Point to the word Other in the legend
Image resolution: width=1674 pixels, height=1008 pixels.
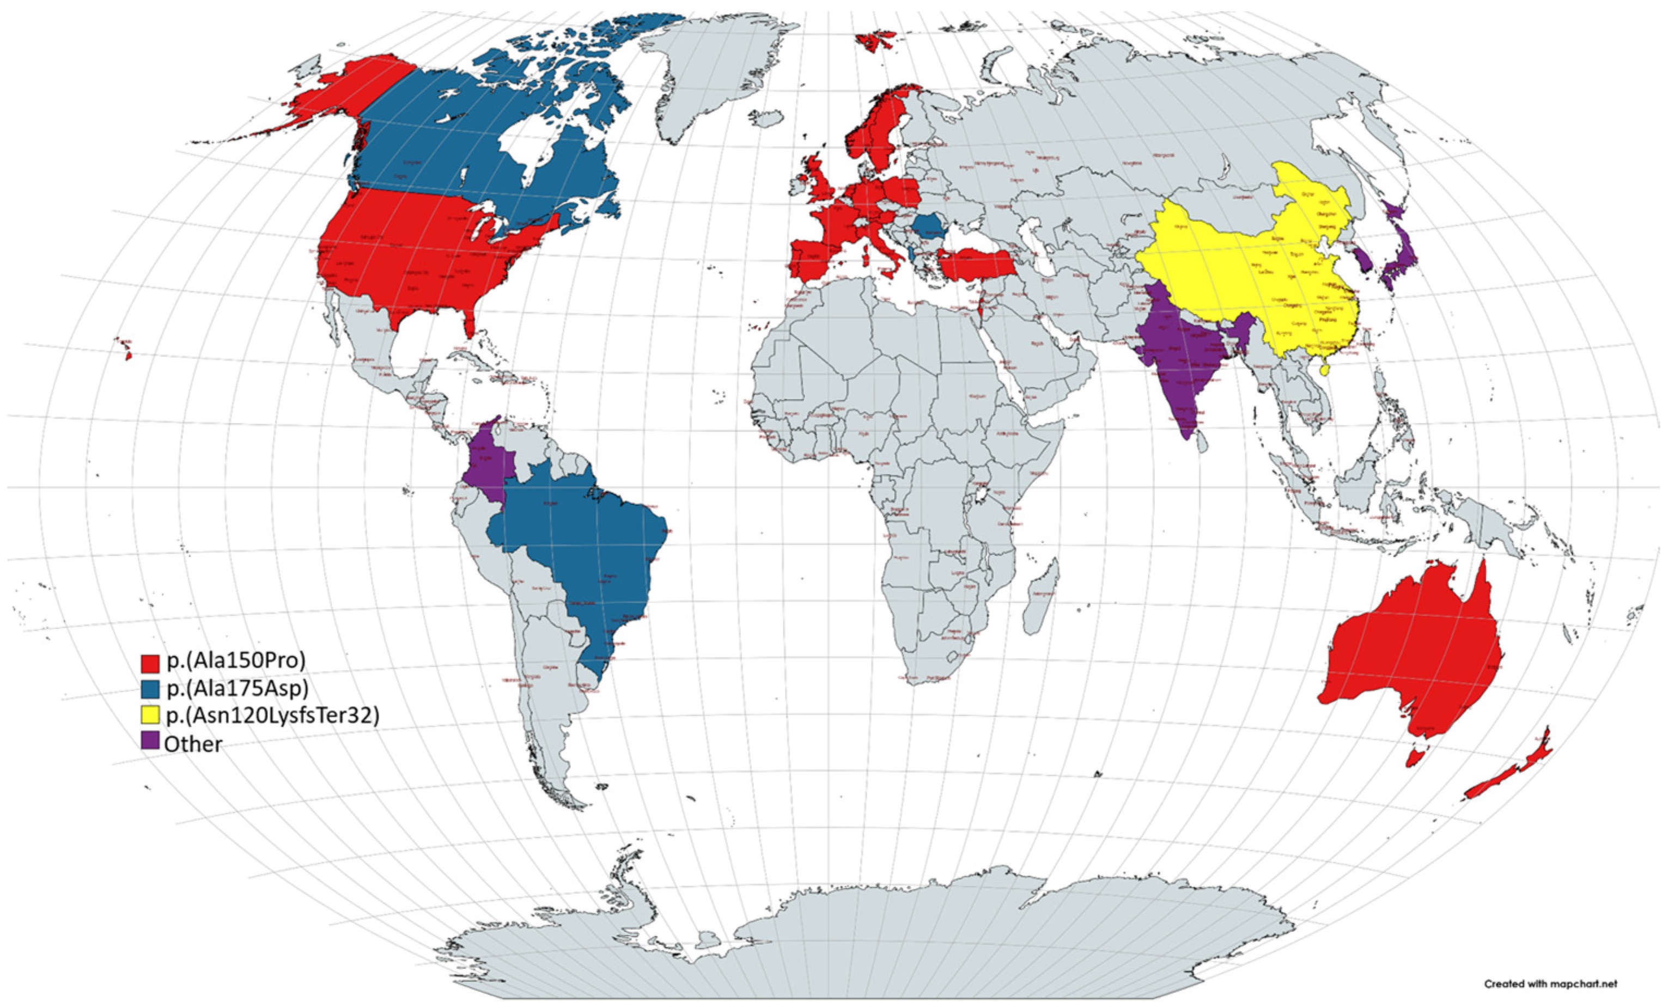193,744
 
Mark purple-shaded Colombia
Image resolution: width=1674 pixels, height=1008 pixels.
489,462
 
